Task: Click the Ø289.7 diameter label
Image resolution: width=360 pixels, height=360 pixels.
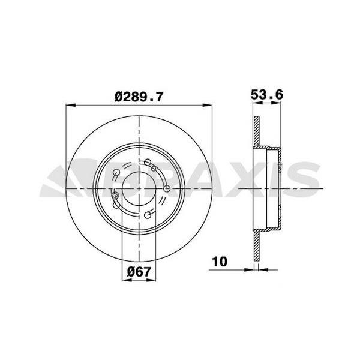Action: (139, 95)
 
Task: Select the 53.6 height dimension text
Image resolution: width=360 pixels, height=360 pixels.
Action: (266, 94)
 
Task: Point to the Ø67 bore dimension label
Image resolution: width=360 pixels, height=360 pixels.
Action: (139, 271)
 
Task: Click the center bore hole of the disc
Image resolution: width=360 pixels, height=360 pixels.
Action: (139, 188)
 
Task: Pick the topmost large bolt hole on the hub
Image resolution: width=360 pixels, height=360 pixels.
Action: (148, 162)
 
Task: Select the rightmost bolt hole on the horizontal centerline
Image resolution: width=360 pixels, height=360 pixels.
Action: (167, 190)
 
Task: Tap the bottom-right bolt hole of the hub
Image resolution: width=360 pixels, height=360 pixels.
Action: (148, 215)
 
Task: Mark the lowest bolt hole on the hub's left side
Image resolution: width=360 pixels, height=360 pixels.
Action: (116, 205)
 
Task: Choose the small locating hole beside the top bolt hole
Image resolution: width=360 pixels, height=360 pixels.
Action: (154, 169)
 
